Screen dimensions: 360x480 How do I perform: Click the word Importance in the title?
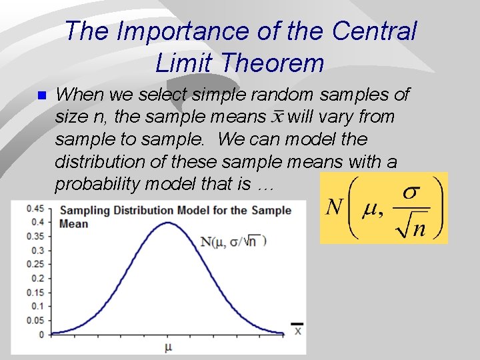[x=175, y=31]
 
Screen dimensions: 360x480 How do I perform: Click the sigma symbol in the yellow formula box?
[x=411, y=193]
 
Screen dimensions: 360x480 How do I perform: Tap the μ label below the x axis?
[x=168, y=347]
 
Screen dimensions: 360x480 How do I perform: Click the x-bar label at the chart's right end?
[x=297, y=329]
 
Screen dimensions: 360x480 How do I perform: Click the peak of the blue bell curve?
[x=169, y=223]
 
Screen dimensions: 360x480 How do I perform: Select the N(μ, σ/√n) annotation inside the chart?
[x=233, y=241]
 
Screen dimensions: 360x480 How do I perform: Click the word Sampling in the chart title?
[x=85, y=211]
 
